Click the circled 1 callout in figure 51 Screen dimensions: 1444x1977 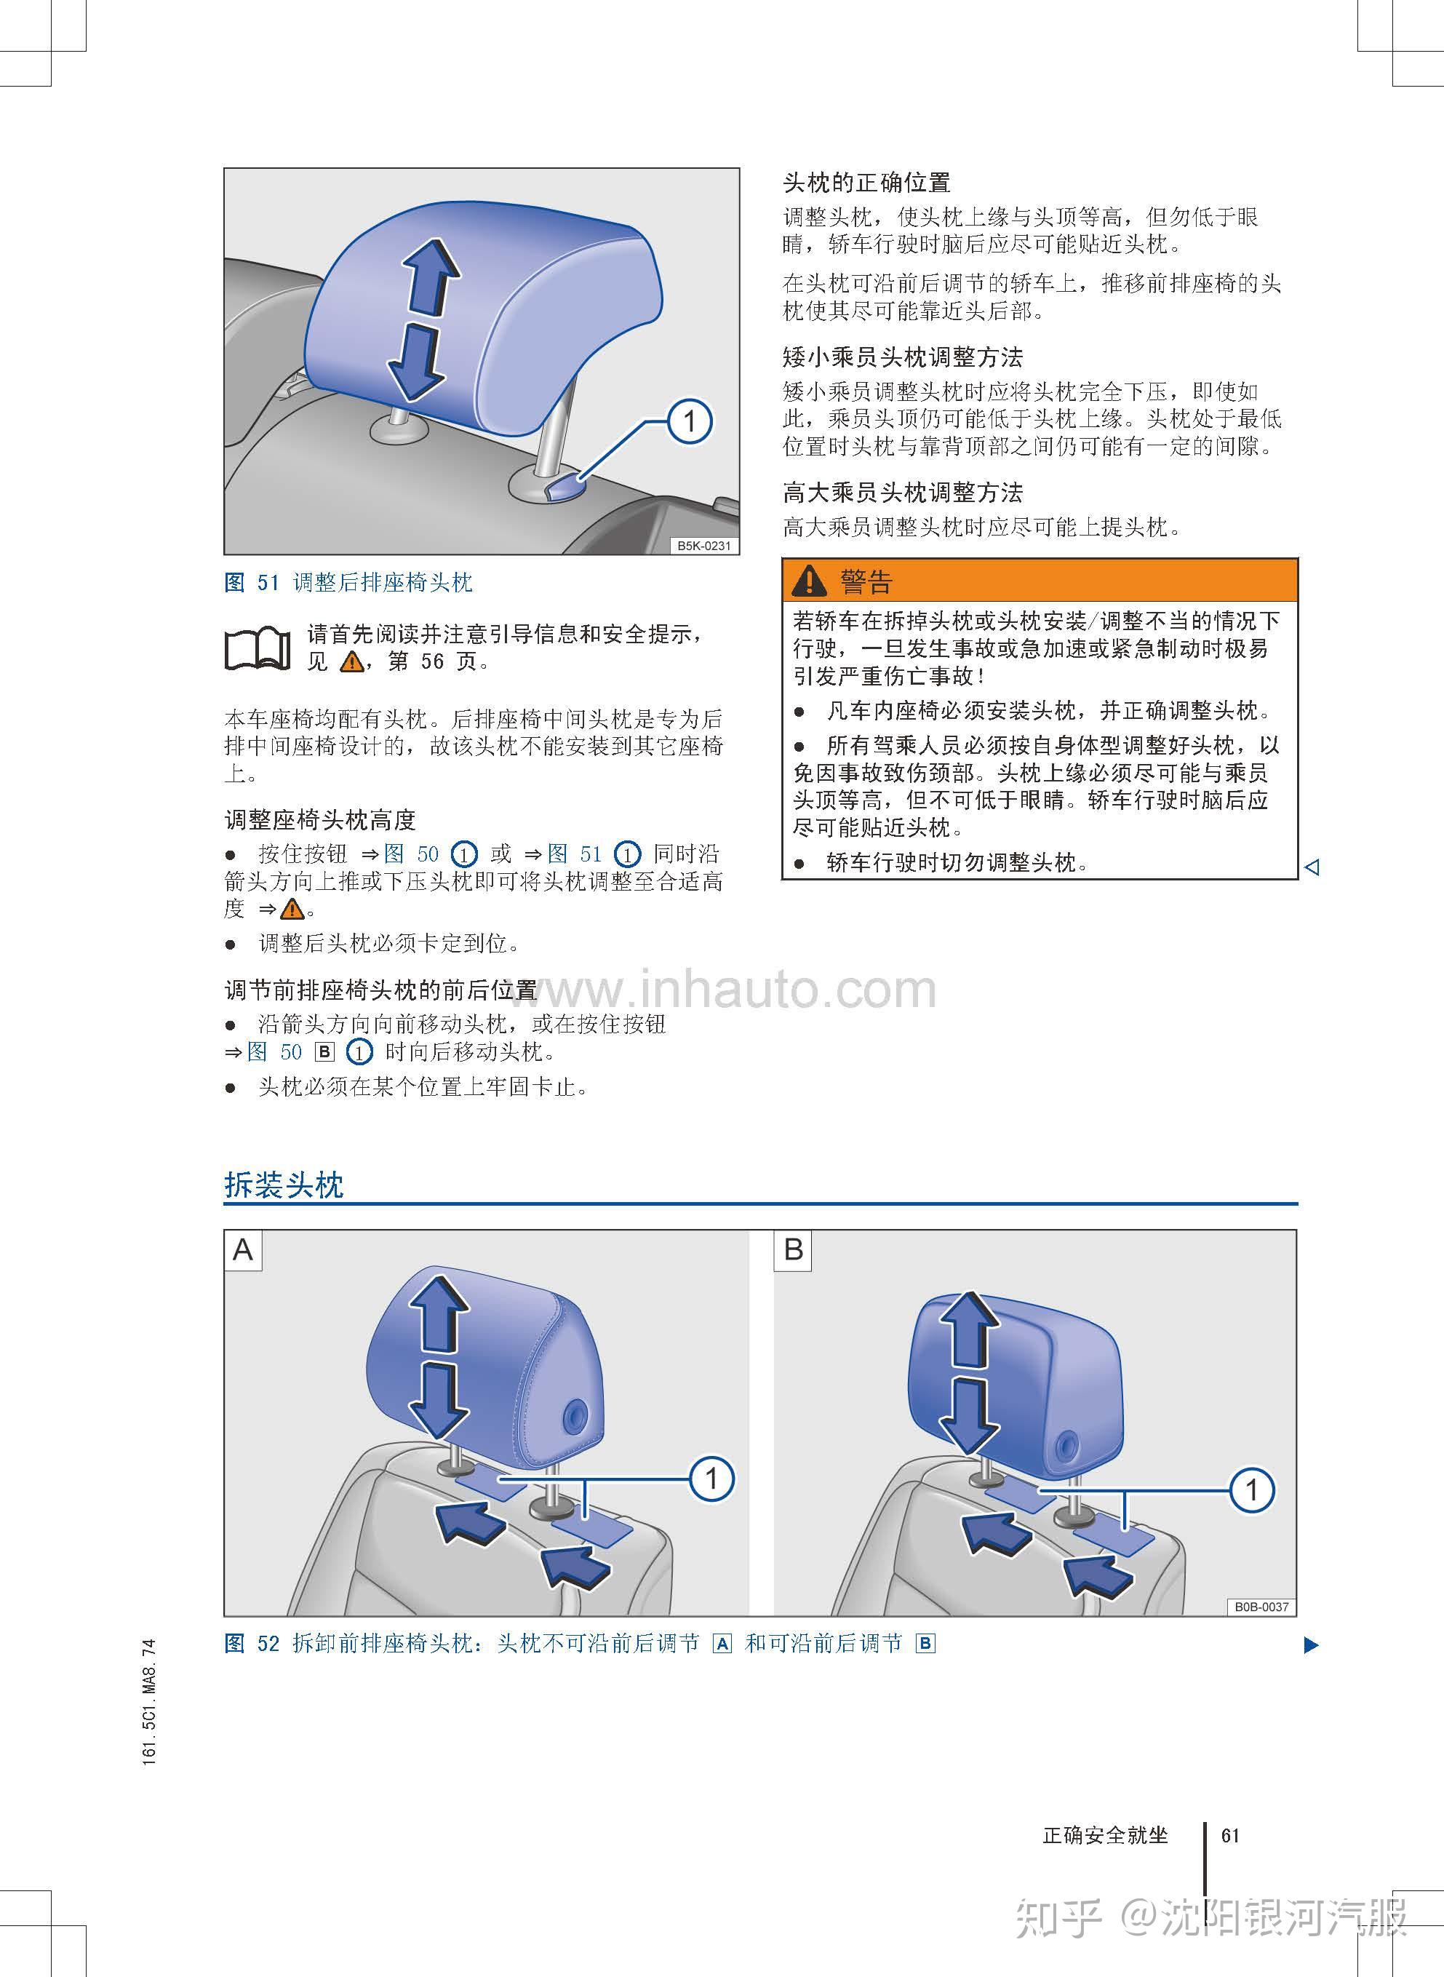point(690,421)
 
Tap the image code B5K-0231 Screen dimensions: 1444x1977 point(703,546)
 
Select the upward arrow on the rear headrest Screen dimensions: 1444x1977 point(433,276)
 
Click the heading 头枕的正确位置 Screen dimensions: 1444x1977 point(866,183)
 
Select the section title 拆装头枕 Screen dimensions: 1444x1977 point(284,1185)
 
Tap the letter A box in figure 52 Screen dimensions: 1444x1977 point(243,1249)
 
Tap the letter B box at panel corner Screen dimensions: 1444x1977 point(794,1249)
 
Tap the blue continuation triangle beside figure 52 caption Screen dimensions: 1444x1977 point(1310,1644)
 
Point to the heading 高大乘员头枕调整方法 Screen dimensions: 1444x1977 point(903,493)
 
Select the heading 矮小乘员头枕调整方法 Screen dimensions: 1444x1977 point(903,357)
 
